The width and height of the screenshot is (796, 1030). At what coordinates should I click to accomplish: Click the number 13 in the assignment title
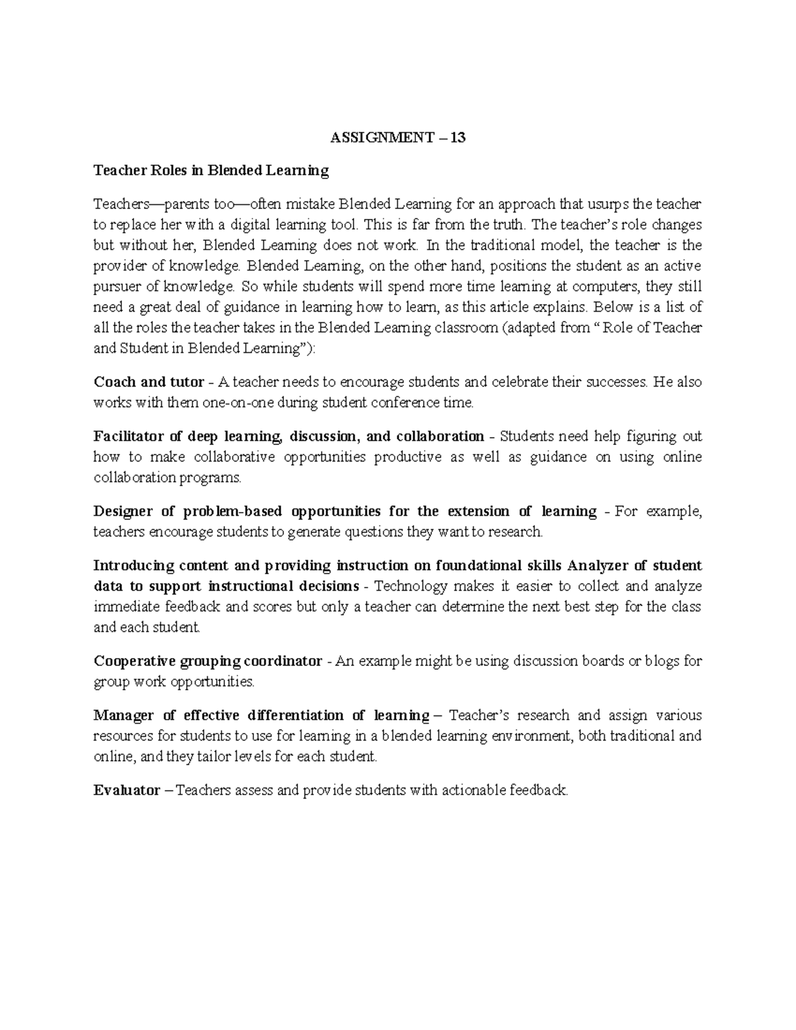(458, 139)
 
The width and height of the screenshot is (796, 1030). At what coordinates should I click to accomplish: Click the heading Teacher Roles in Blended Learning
(211, 171)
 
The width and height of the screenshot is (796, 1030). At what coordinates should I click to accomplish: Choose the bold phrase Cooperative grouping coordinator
(208, 661)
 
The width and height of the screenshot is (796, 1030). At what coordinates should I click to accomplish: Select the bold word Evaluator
(127, 791)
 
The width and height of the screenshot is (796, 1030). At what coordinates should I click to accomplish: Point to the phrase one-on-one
(226, 403)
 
